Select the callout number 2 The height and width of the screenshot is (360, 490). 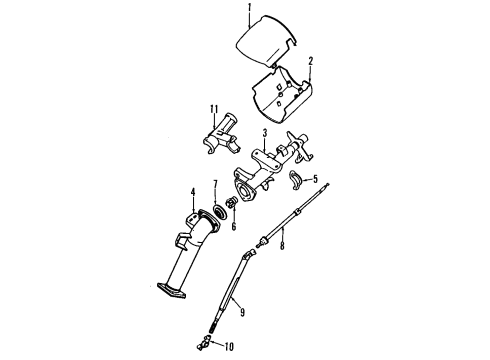pos(311,61)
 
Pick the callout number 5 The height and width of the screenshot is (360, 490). pos(316,180)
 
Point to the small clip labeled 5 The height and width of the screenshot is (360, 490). pos(297,181)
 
